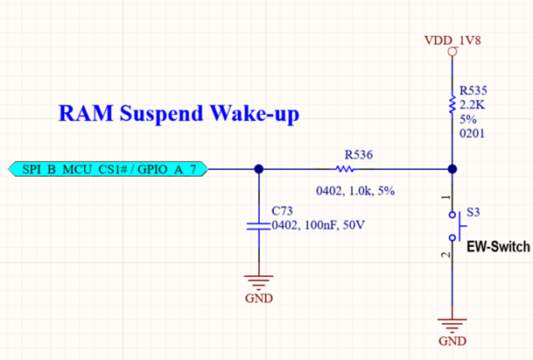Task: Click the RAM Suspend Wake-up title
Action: point(179,113)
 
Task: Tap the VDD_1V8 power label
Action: point(452,40)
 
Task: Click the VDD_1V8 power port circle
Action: point(452,52)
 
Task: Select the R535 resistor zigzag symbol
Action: point(452,105)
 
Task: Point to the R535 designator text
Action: point(473,90)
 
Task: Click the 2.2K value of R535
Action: point(472,105)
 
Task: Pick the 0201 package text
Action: point(472,133)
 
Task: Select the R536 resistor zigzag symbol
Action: point(345,169)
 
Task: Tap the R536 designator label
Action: point(359,155)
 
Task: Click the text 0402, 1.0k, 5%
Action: point(355,191)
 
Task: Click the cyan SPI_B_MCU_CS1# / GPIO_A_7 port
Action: point(108,169)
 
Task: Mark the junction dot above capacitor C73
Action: point(259,169)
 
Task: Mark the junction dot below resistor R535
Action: point(452,169)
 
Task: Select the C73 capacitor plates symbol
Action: point(259,226)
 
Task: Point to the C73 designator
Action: point(282,211)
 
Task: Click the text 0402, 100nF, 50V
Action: point(319,225)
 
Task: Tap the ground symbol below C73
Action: point(259,280)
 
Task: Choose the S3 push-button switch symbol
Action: point(457,226)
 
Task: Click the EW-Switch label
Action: point(498,247)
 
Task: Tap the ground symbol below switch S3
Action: point(452,324)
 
